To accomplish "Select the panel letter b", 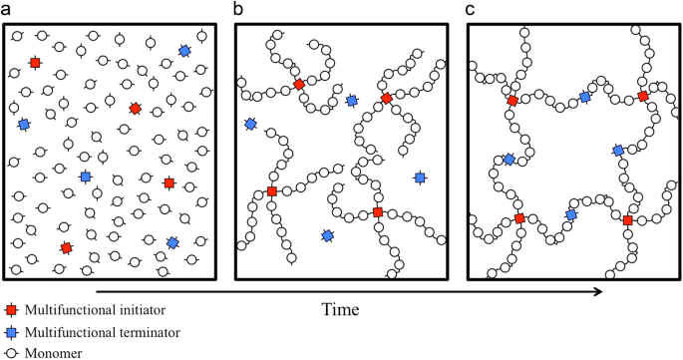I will point(238,9).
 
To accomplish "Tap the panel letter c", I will point(473,9).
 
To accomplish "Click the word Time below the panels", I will point(341,309).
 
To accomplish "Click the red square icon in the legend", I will point(9,311).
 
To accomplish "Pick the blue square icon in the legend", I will point(9,331).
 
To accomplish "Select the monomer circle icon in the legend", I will point(9,351).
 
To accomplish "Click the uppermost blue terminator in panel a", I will point(184,51).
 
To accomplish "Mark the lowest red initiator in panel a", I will point(66,247).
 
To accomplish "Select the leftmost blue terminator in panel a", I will point(24,125).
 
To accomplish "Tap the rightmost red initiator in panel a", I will point(169,182).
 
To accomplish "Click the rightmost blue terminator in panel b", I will point(420,177).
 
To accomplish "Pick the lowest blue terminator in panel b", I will point(327,235).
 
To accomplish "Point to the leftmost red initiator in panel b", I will point(271,191).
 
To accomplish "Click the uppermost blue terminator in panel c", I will point(586,98).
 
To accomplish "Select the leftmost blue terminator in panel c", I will point(509,160).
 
